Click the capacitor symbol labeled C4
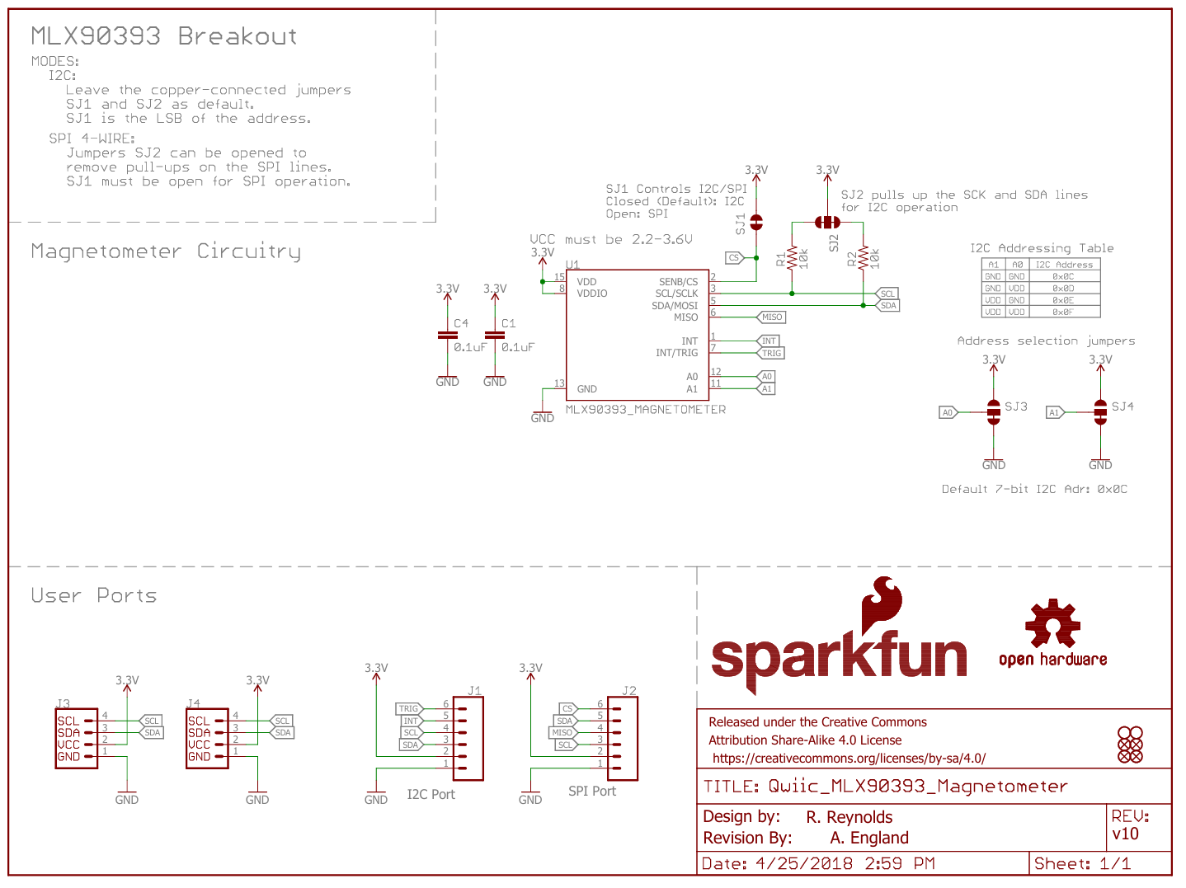pos(447,336)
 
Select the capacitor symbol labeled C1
pos(495,336)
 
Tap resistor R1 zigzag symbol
pos(793,258)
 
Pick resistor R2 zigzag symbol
pos(864,258)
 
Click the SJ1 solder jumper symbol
pos(756,223)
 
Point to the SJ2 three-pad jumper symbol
pos(827,223)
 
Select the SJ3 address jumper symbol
pos(994,412)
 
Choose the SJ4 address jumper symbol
pos(1100,412)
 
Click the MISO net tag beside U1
pos(771,317)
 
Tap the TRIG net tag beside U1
pos(771,353)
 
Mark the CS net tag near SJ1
pos(734,258)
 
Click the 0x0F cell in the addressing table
pos(1063,312)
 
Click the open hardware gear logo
pos(1052,624)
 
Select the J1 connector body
pos(468,739)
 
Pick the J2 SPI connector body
pos(623,739)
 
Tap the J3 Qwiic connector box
pos(76,739)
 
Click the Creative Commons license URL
pos(849,759)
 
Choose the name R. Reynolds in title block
pos(849,817)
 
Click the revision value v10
pos(1125,834)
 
